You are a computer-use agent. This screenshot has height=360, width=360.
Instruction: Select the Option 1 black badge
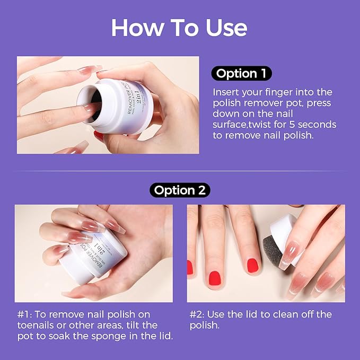[241, 73]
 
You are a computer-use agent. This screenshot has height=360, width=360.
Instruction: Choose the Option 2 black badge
[180, 190]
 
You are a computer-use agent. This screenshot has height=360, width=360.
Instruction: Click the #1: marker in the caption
[24, 314]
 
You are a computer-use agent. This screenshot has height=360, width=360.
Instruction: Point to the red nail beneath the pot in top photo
[99, 136]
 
